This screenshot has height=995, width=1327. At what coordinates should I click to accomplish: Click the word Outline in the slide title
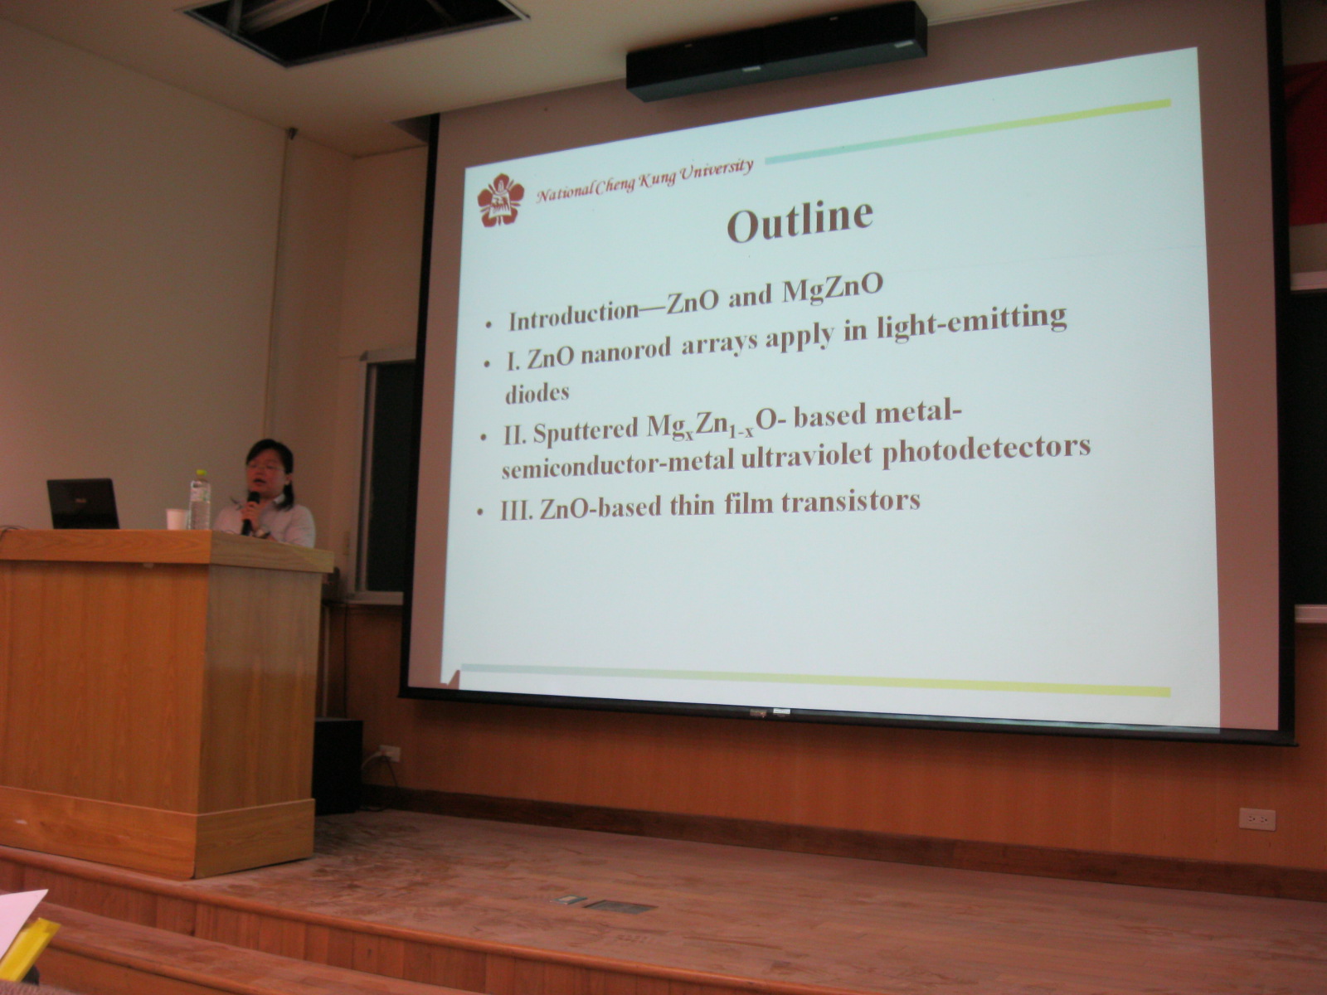(800, 219)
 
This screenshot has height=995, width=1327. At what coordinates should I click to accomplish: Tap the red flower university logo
(500, 200)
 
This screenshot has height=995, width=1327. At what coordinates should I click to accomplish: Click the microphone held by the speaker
(250, 512)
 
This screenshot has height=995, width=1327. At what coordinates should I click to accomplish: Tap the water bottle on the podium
(200, 500)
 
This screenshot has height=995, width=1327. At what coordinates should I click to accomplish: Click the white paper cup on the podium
(175, 519)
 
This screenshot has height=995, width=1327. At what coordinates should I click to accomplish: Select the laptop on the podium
(83, 503)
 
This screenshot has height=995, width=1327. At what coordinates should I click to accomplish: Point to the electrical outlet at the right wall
(1257, 819)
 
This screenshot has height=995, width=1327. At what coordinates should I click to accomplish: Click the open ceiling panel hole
(353, 27)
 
